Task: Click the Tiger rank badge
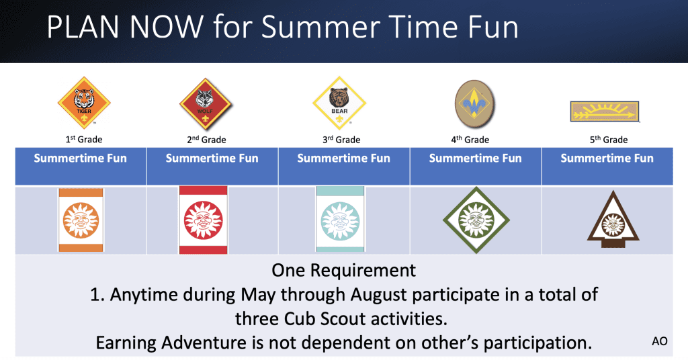coord(84,103)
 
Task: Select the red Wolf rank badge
coord(206,104)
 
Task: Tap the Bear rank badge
coord(339,103)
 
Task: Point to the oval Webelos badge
coord(474,104)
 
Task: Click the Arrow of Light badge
coord(605,111)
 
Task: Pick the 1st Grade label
coord(84,140)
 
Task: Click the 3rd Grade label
coord(341,140)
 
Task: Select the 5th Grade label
coord(609,140)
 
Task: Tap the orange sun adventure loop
coord(81,220)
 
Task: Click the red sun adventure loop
coord(203,220)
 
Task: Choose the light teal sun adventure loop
coord(340,219)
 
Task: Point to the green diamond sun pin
coord(476,220)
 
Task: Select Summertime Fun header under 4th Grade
coord(476,159)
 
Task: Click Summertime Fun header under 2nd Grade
coord(212,159)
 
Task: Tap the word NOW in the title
coord(167,27)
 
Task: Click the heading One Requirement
coord(343,271)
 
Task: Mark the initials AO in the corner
coord(660,341)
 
